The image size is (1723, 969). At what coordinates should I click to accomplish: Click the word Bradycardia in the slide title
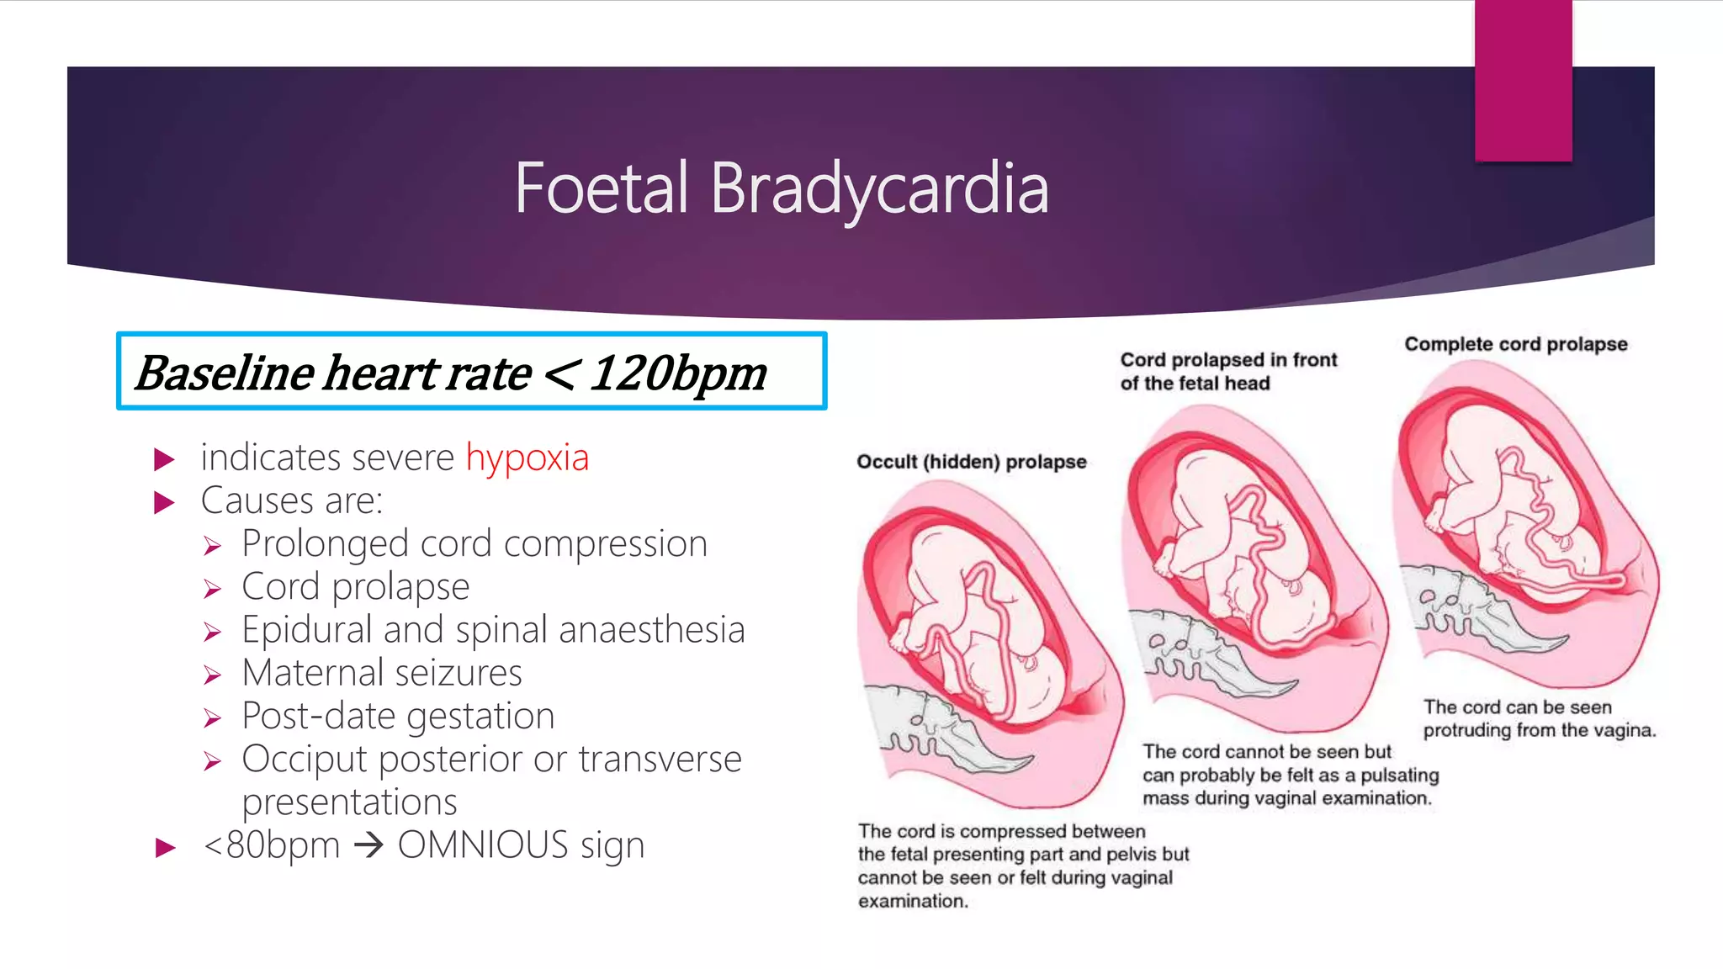pos(879,188)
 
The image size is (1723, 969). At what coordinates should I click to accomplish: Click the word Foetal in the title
pos(602,188)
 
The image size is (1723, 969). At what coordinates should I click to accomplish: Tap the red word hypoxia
pos(528,458)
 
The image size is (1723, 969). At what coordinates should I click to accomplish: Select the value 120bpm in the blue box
pos(677,373)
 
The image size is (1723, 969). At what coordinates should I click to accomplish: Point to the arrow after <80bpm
pos(368,845)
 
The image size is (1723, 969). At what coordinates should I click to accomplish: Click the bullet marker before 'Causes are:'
pos(165,503)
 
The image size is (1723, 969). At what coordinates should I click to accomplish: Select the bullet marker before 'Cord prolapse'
pos(212,589)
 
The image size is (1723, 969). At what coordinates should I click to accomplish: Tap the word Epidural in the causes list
pos(306,630)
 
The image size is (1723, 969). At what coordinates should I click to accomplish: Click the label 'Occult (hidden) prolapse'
pos(971,462)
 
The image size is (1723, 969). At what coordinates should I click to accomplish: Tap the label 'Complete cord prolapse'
pos(1515,344)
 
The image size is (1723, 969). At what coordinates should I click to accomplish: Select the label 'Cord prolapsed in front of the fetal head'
pos(1227,371)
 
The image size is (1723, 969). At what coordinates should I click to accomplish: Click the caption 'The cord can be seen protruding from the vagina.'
pos(1539,718)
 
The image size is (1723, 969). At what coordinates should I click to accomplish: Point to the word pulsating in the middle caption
pos(1399,775)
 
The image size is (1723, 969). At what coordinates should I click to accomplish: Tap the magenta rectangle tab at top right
pos(1523,80)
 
